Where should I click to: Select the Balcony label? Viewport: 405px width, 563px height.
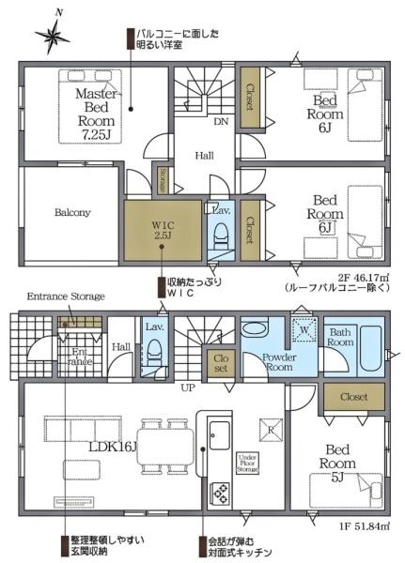coord(72,212)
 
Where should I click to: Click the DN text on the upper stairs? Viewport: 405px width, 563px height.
coord(220,122)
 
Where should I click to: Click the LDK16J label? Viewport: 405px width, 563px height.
coord(111,446)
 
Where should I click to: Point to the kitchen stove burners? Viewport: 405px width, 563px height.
coord(220,493)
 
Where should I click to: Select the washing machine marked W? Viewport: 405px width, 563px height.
coord(304,331)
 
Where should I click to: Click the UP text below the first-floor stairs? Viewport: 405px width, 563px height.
coord(188,386)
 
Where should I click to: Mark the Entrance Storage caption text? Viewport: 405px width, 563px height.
coord(65,296)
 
